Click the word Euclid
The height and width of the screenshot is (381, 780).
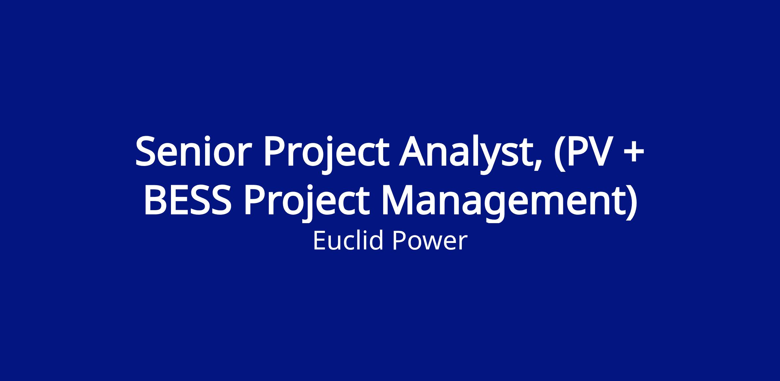(347, 240)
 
